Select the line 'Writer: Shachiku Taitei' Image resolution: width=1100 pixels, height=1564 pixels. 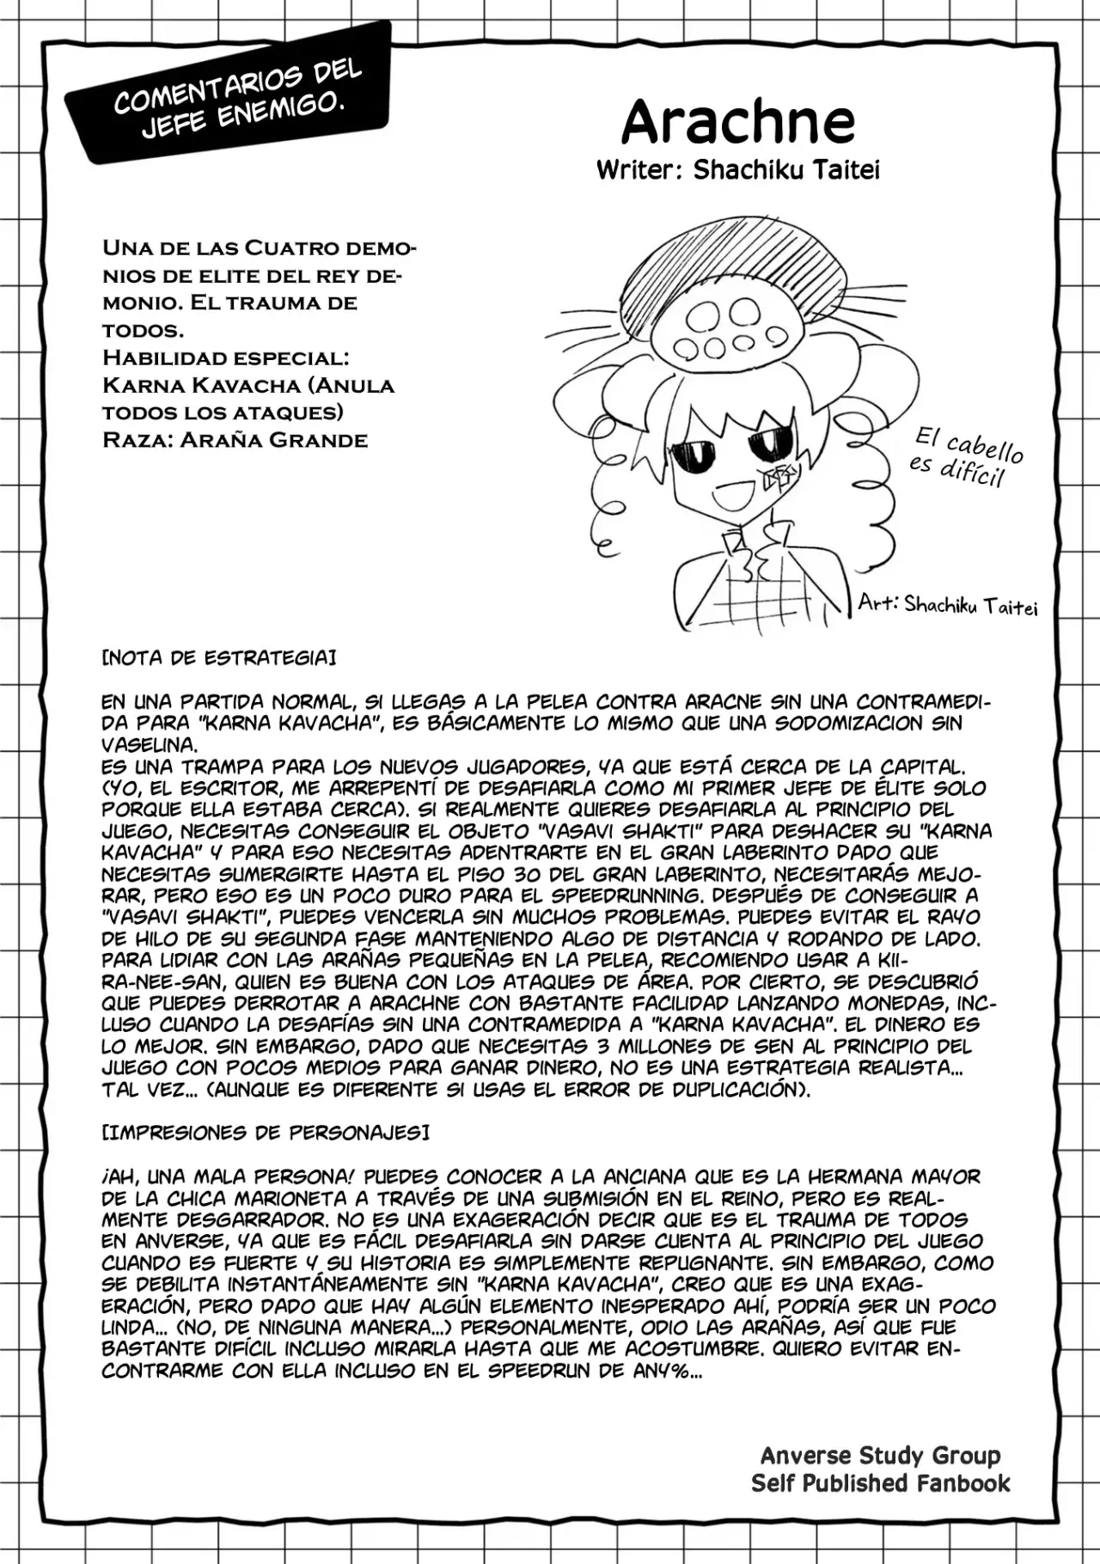737,170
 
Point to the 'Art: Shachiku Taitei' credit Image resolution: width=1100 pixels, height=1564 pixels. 947,605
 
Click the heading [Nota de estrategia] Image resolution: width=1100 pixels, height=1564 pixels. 218,658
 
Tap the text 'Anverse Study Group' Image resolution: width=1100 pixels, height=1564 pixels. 880,1456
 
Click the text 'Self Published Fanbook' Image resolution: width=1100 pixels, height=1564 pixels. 880,1483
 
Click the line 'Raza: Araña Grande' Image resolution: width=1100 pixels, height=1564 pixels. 235,440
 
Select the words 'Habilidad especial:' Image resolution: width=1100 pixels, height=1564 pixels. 225,357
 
